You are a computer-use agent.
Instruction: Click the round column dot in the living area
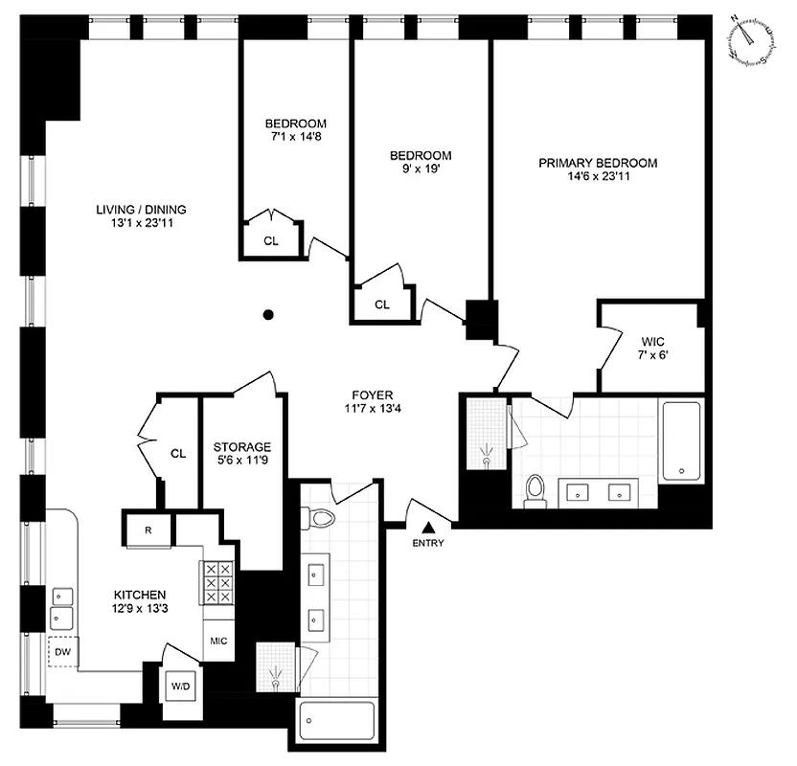tap(270, 314)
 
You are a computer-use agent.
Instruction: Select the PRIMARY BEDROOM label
tap(598, 163)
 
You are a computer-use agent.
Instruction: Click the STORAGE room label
tap(241, 447)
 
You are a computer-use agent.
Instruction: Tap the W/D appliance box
tap(180, 687)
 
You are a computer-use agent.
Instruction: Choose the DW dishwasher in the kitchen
tap(64, 653)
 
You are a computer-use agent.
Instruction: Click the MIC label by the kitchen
tap(216, 641)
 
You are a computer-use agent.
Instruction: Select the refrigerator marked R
tap(148, 529)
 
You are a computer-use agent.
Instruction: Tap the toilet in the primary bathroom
tap(535, 488)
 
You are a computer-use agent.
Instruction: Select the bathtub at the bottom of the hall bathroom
tap(336, 721)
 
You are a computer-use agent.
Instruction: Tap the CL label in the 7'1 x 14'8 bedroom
tap(271, 240)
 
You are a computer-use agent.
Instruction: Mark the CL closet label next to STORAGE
tap(177, 453)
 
